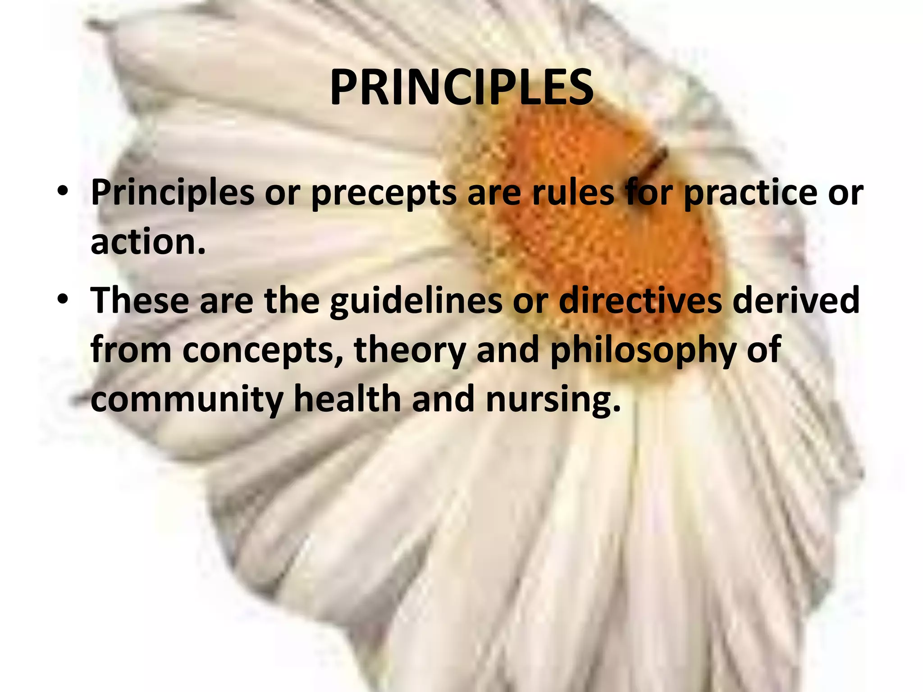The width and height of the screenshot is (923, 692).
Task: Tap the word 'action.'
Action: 148,242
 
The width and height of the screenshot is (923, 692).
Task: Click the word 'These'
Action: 140,301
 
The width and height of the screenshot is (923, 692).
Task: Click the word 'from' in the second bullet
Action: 131,351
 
